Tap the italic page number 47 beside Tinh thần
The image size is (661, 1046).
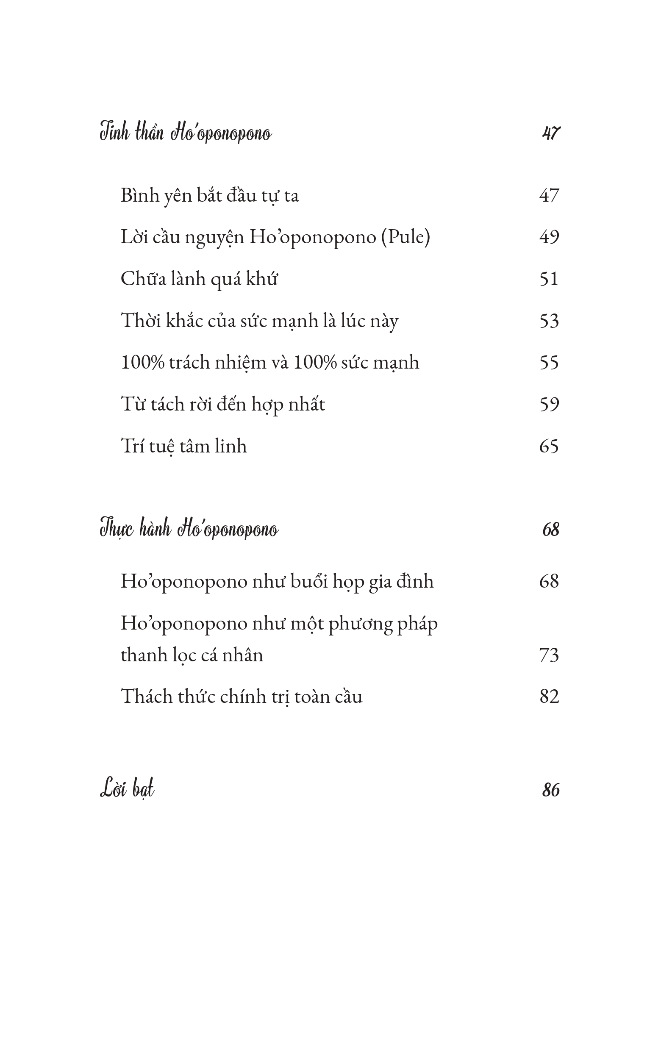pyautogui.click(x=550, y=133)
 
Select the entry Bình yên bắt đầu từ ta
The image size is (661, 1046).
pyautogui.click(x=209, y=195)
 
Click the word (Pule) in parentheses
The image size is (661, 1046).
pyautogui.click(x=405, y=237)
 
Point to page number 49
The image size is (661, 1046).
pyautogui.click(x=549, y=237)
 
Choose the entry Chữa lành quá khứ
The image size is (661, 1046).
pyautogui.click(x=199, y=279)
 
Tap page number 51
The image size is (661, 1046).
pyautogui.click(x=549, y=279)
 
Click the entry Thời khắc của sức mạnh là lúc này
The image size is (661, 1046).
pyautogui.click(x=259, y=321)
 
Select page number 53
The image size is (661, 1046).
pyautogui.click(x=549, y=321)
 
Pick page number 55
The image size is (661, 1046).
pyautogui.click(x=549, y=362)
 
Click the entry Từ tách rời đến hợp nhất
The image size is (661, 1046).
pyautogui.click(x=222, y=405)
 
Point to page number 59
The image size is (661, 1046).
pyautogui.click(x=549, y=405)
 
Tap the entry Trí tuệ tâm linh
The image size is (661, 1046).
pyautogui.click(x=183, y=446)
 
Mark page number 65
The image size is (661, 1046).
pyautogui.click(x=549, y=446)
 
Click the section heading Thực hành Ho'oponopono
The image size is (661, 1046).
pyautogui.click(x=189, y=529)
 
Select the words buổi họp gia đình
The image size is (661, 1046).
pyautogui.click(x=361, y=582)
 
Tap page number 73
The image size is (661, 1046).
pyautogui.click(x=549, y=655)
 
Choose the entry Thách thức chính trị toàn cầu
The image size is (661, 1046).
pyautogui.click(x=241, y=696)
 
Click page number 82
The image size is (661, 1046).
pyautogui.click(x=549, y=696)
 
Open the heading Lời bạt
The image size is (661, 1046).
pyautogui.click(x=127, y=789)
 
